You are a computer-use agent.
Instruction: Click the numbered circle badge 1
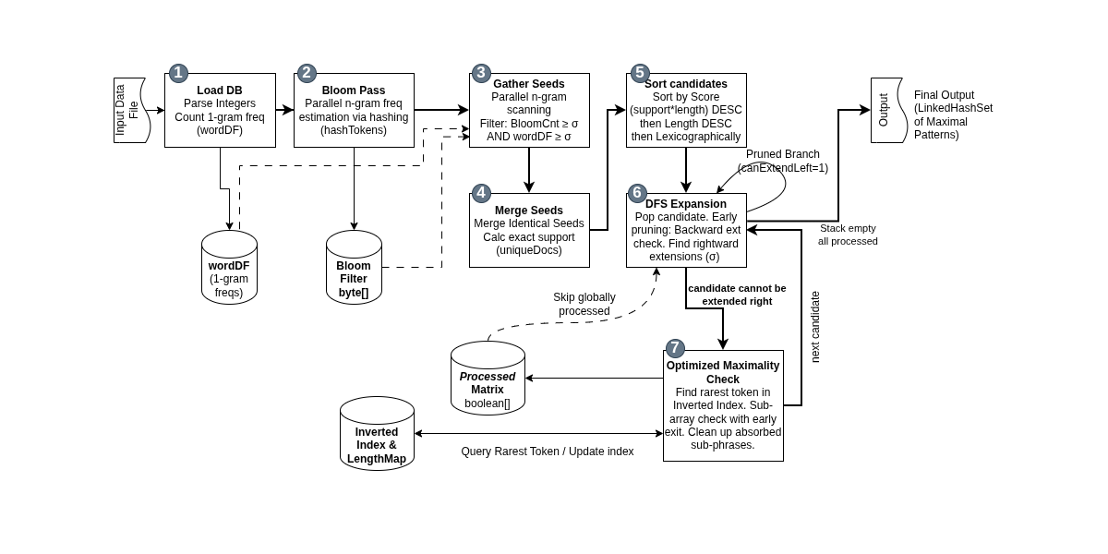[178, 73]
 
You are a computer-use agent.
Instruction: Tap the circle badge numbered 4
[481, 193]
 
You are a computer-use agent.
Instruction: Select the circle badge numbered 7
[675, 348]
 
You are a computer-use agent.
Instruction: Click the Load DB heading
[220, 90]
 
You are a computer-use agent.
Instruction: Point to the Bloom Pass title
[353, 90]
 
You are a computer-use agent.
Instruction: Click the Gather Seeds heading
[529, 84]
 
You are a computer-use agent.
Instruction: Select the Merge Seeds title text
[529, 211]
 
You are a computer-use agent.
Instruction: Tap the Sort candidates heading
[685, 84]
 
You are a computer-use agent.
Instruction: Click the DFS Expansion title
[685, 204]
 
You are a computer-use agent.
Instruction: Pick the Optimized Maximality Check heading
[723, 372]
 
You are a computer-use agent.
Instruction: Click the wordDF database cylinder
[229, 267]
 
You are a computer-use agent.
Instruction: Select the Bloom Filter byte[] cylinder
[354, 267]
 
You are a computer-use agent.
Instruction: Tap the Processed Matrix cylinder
[488, 378]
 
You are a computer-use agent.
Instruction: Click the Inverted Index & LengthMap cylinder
[377, 433]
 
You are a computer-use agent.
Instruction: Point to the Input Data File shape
[129, 110]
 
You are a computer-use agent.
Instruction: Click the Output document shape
[889, 110]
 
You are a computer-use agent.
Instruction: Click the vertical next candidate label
[815, 327]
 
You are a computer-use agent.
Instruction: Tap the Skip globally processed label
[584, 304]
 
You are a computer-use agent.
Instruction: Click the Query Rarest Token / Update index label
[547, 452]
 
